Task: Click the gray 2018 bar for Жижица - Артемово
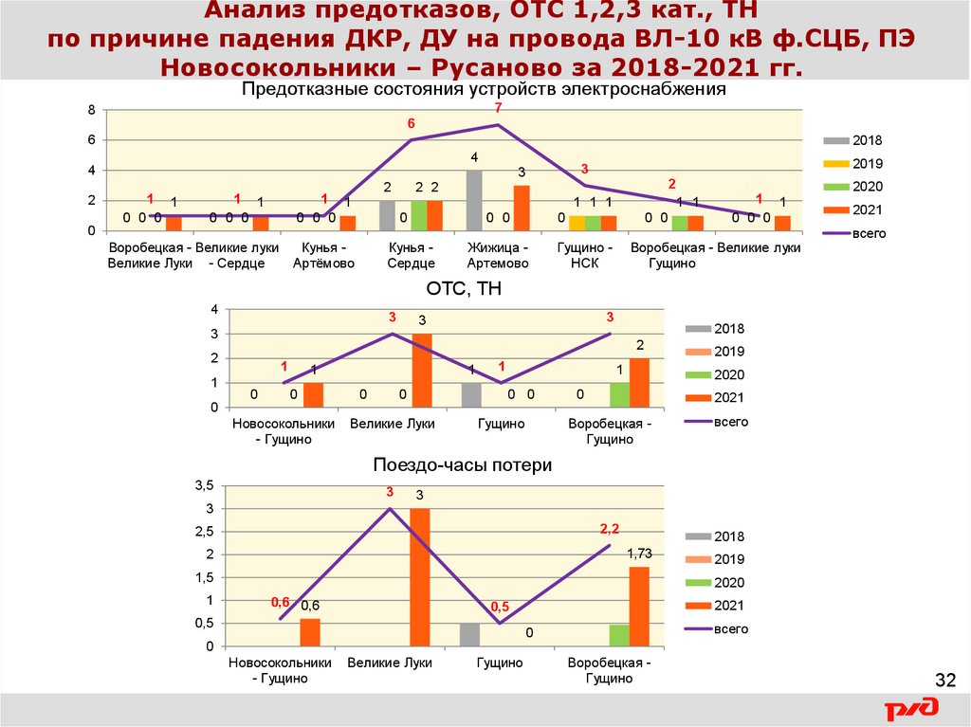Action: pos(474,200)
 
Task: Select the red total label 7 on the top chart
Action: pos(498,109)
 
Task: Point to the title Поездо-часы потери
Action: pos(462,465)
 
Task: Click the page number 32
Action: pos(945,681)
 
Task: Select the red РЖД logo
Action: pos(912,709)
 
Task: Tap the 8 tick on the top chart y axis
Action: pos(92,110)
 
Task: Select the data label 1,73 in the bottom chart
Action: pos(638,553)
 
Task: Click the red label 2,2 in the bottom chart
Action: pos(609,528)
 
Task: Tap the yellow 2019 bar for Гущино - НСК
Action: pos(577,223)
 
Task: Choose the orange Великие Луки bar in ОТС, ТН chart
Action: pos(421,370)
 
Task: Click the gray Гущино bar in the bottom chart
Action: pos(469,634)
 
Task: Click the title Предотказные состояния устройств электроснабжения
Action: pos(484,90)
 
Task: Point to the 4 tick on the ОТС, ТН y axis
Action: pos(214,310)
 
